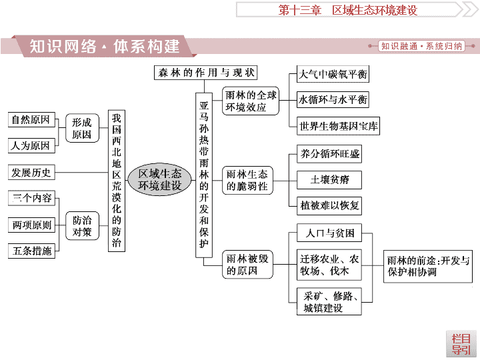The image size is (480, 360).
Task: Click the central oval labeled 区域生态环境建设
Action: pyautogui.click(x=159, y=180)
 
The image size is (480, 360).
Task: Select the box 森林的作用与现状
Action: pyautogui.click(x=206, y=73)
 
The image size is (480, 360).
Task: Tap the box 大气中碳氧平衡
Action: pyautogui.click(x=333, y=74)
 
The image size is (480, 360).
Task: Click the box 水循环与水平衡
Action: pyautogui.click(x=333, y=99)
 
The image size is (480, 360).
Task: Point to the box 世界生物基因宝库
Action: pyautogui.click(x=338, y=126)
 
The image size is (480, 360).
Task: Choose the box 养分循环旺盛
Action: pyautogui.click(x=329, y=154)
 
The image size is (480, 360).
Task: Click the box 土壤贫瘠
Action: pyautogui.click(x=329, y=180)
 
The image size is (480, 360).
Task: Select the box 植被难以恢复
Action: pyautogui.click(x=329, y=206)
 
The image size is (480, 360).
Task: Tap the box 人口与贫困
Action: pyautogui.click(x=329, y=233)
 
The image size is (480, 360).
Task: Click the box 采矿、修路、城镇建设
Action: pyautogui.click(x=329, y=301)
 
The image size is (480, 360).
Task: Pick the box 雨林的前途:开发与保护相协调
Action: pyautogui.click(x=428, y=266)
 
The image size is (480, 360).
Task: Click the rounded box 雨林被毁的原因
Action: pyautogui.click(x=247, y=265)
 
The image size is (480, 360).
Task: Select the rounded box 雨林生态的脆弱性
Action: pyautogui.click(x=247, y=180)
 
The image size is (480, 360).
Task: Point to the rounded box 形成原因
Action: pyautogui.click(x=82, y=128)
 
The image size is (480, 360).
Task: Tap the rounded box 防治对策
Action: pyautogui.click(x=82, y=225)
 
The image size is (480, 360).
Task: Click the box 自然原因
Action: pyautogui.click(x=31, y=120)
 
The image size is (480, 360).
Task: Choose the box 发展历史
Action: pyautogui.click(x=31, y=173)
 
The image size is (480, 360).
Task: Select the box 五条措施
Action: pyautogui.click(x=31, y=251)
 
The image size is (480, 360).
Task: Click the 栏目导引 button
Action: pyautogui.click(x=461, y=344)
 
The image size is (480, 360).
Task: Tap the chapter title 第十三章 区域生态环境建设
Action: pyautogui.click(x=348, y=10)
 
